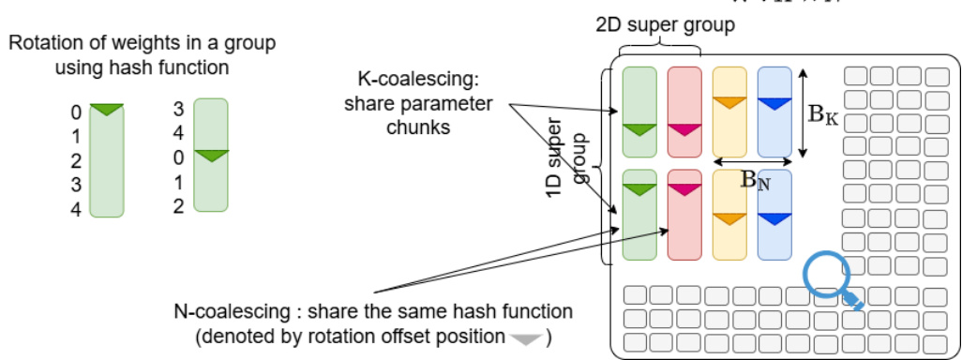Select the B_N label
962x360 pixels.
click(756, 180)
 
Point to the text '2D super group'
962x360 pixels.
click(665, 24)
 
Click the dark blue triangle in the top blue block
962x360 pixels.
click(774, 103)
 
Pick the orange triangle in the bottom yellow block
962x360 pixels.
click(729, 219)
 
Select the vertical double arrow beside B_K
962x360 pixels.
click(803, 112)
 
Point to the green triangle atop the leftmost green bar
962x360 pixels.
click(106, 110)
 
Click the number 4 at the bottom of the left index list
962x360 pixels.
click(75, 210)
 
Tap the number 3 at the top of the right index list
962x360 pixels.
click(178, 110)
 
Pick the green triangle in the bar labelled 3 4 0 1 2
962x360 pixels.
click(210, 155)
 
